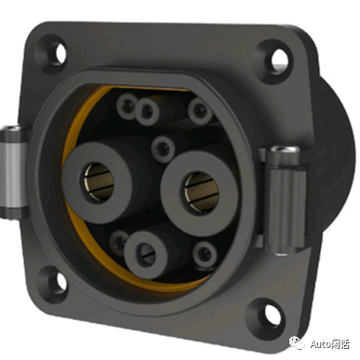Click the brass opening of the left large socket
coord(99,180)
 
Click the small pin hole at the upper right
coord(201,111)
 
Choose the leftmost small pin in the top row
coord(127,105)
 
